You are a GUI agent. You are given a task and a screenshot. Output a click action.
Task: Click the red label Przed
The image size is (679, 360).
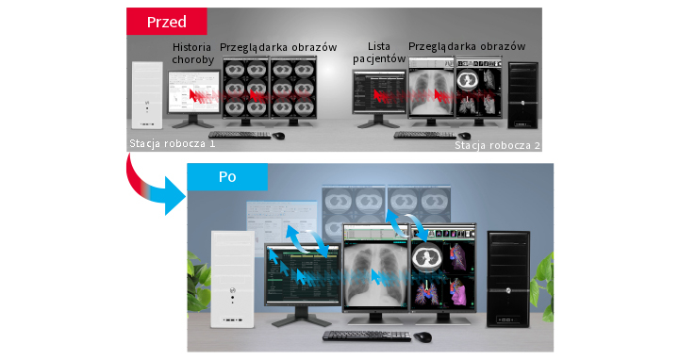tap(166, 21)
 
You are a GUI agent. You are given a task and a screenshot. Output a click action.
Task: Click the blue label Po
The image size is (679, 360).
tap(226, 176)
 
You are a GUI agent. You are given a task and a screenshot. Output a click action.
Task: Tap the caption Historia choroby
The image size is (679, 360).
tap(193, 53)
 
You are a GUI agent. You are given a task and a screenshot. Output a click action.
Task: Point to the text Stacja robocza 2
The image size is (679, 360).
tap(498, 145)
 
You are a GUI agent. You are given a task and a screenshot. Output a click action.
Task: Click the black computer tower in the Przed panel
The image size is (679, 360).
tap(523, 94)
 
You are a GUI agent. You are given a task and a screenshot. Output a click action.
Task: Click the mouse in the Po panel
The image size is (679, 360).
tap(422, 336)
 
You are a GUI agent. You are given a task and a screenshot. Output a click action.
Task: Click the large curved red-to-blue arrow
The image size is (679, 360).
tap(151, 184)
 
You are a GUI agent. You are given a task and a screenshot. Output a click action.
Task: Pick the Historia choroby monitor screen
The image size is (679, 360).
tap(192, 93)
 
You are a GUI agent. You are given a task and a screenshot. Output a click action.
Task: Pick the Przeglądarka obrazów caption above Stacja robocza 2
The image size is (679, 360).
tap(467, 46)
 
